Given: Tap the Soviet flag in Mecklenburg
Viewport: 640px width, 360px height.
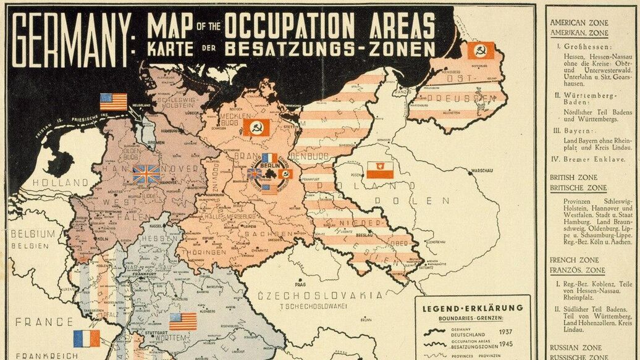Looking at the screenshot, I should point(256,128).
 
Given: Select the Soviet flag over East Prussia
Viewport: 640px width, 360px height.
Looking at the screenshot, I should point(480,51).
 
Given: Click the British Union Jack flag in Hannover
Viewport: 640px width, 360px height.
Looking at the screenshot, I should point(146,174).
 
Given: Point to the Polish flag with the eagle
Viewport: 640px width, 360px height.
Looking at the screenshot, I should point(380,170).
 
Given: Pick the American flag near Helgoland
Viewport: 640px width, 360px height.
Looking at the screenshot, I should point(113,101).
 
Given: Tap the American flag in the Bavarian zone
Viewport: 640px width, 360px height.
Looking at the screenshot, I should point(183,321).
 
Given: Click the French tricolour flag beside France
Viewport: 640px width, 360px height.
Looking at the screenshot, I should point(86,338).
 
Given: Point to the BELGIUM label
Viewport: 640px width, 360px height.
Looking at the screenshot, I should point(33,234).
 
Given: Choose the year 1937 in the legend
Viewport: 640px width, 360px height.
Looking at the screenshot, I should point(508,332).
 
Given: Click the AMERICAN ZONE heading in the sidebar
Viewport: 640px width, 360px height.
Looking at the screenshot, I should point(579,23).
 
